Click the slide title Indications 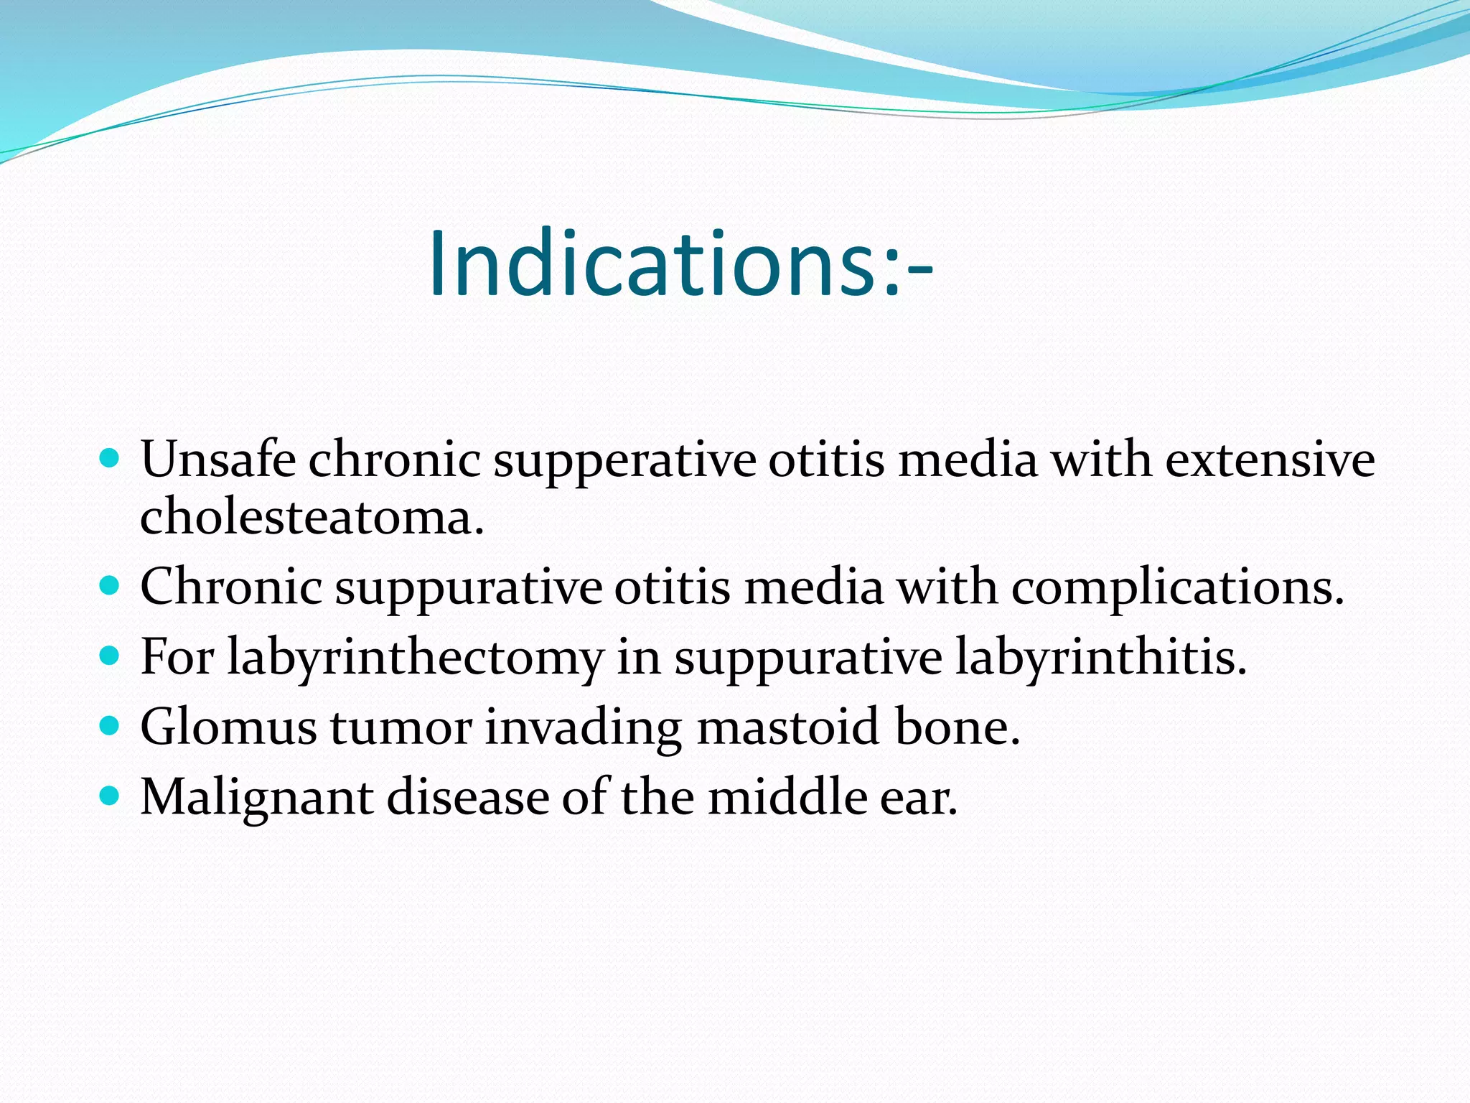point(680,263)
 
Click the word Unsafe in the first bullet point(217,460)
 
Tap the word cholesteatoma point(311,517)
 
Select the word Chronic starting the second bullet point(230,587)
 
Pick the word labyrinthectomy point(415,658)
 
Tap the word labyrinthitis point(1100,657)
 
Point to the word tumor point(401,727)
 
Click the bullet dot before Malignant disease point(109,796)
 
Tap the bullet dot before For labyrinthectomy point(109,656)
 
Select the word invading point(583,727)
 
